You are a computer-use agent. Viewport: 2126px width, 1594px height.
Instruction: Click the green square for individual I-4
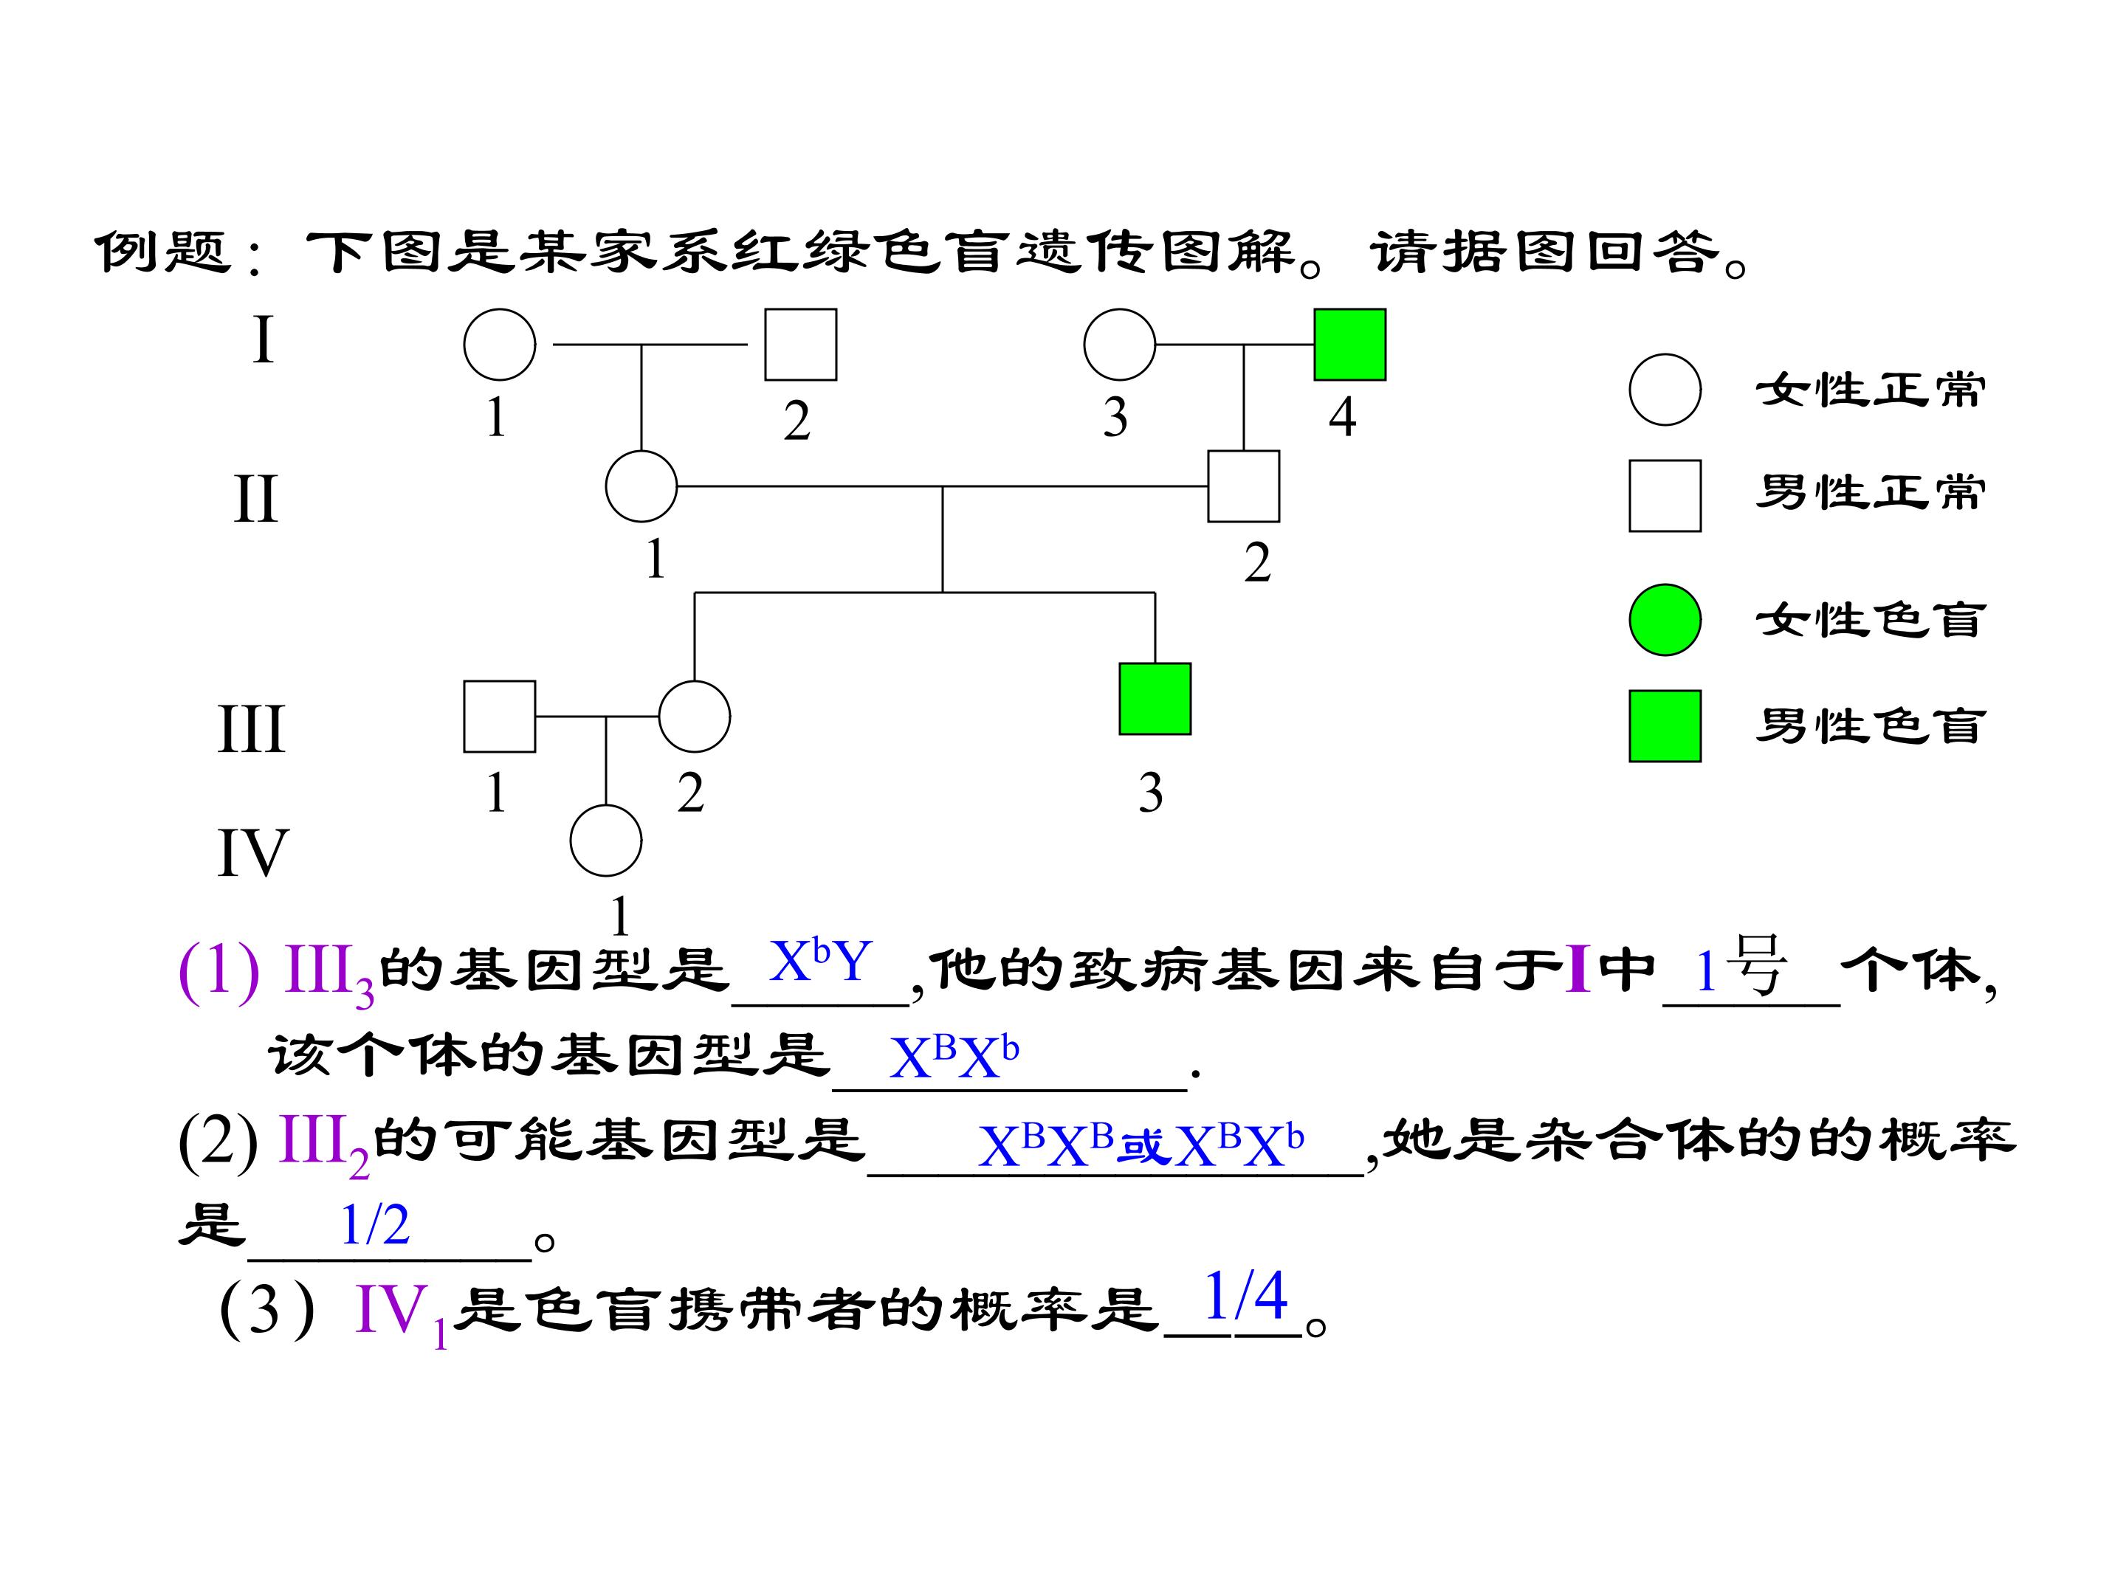[x=1349, y=344]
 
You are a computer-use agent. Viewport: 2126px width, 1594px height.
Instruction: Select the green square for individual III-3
[x=1155, y=699]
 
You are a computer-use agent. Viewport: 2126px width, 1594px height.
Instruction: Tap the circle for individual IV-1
[x=605, y=841]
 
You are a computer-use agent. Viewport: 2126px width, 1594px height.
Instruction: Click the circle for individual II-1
[x=641, y=486]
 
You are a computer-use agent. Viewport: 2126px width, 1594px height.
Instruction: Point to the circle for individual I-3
[x=1119, y=344]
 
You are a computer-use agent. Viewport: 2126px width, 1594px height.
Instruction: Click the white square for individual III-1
[x=499, y=717]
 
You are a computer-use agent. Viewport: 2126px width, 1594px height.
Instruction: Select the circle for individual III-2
[x=694, y=717]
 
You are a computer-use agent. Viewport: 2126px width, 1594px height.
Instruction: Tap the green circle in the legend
[x=1665, y=620]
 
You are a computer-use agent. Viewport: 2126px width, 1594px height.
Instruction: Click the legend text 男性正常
[x=1871, y=492]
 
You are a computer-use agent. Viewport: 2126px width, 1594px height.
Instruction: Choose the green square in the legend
[x=1665, y=725]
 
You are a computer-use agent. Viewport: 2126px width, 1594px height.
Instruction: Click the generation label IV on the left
[x=252, y=852]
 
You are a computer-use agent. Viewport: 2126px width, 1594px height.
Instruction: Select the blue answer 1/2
[x=375, y=1224]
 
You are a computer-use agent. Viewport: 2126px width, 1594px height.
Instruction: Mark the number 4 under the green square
[x=1343, y=417]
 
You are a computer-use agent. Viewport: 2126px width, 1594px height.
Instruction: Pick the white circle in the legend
[x=1665, y=389]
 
